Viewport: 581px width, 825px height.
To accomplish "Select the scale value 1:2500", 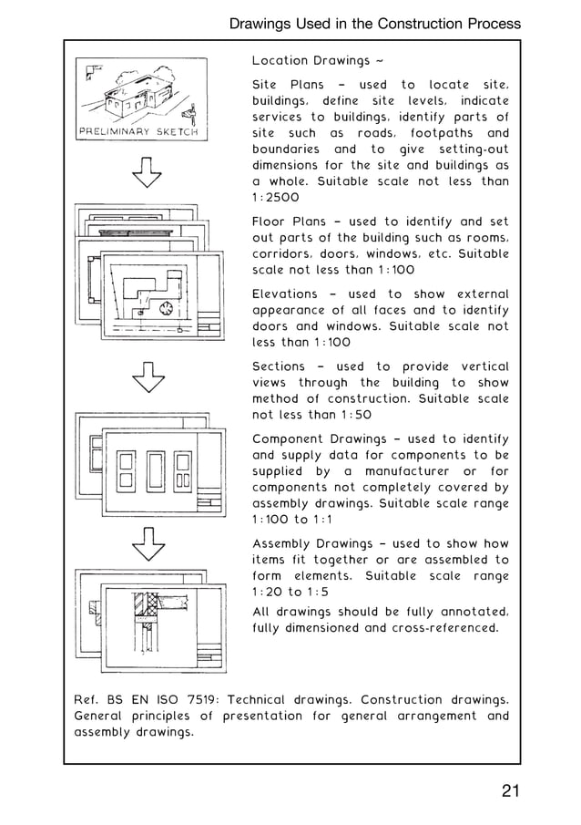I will click(x=275, y=198).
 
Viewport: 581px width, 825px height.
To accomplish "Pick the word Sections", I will click(x=279, y=366).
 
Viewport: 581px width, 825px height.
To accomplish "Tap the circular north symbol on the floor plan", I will click(x=166, y=309).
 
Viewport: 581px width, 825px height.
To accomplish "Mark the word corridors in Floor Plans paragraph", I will click(x=284, y=254).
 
